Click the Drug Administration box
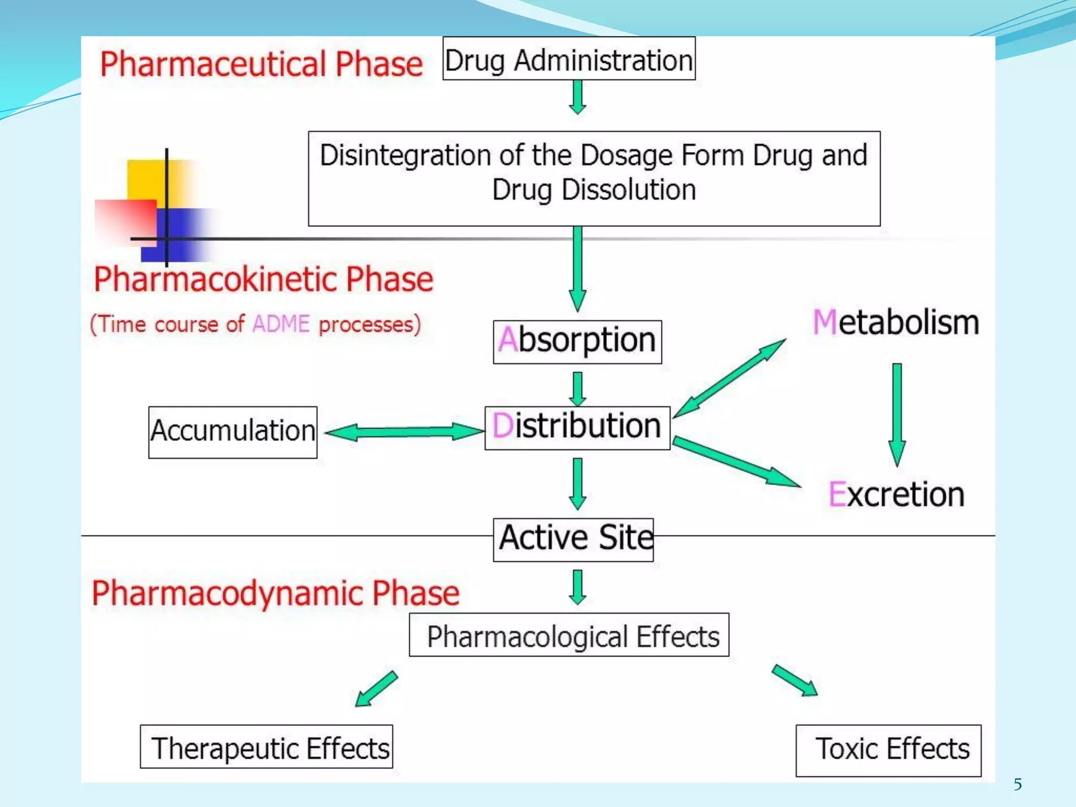(569, 59)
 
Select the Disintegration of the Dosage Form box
(594, 179)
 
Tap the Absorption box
(577, 342)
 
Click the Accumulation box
(233, 432)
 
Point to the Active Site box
(574, 540)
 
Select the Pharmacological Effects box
(569, 635)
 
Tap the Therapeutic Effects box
(266, 747)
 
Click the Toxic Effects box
(888, 750)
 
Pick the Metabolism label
(896, 322)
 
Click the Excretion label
(896, 494)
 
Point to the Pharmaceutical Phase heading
(261, 65)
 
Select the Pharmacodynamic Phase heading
(275, 593)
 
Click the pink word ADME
(281, 324)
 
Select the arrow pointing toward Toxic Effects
(794, 680)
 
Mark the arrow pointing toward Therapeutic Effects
(376, 688)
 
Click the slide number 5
(1018, 784)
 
